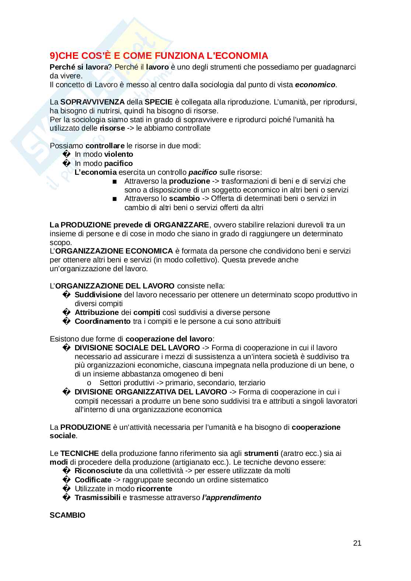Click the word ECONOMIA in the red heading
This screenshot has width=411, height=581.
coord(239,56)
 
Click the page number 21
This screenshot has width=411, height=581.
coord(357,543)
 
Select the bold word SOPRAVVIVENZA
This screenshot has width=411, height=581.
coord(92,102)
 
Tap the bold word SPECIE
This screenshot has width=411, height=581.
coord(156,102)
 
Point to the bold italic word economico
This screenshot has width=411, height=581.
coord(315,85)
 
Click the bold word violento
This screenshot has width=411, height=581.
coord(119,155)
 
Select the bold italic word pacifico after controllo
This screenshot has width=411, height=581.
coord(203,172)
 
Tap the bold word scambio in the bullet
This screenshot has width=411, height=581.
coord(184,199)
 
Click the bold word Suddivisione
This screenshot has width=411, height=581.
coord(98,295)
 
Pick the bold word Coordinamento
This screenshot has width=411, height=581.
coord(102,321)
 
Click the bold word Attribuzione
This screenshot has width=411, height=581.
coord(96,312)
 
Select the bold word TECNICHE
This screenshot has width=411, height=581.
coord(80,453)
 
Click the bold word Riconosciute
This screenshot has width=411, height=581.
coord(98,471)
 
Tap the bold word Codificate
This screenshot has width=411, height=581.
coord(93,480)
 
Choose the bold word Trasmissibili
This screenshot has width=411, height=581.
coord(97,497)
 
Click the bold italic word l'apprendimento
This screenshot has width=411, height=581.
coord(232,497)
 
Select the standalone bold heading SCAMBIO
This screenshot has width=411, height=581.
coord(67,515)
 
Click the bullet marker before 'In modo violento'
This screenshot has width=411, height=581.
coord(66,155)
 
